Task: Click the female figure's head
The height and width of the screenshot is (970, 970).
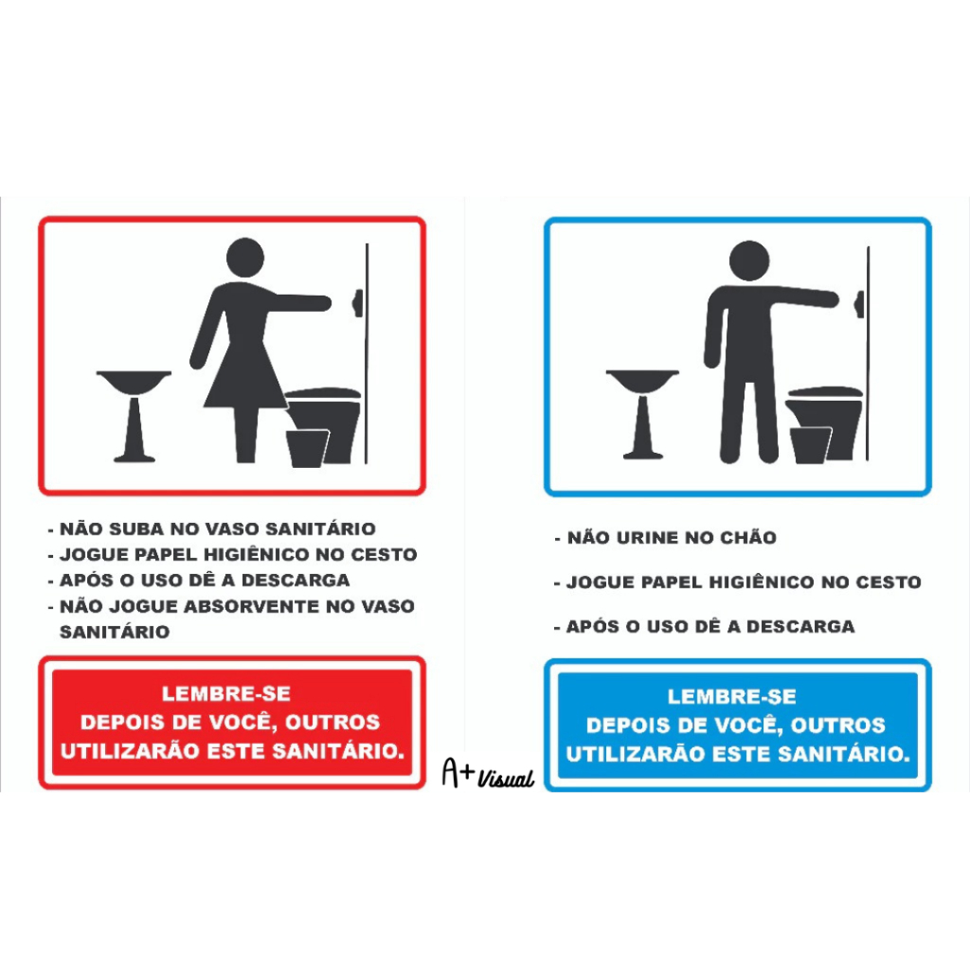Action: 245,258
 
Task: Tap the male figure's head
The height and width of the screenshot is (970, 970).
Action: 749,260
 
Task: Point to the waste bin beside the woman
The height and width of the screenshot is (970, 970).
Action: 307,448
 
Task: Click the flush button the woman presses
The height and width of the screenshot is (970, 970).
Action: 357,303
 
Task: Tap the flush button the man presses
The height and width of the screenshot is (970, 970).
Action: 859,304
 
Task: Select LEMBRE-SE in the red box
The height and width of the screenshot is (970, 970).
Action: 226,693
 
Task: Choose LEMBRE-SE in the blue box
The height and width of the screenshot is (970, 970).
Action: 732,696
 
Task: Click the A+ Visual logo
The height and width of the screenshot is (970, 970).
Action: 488,773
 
